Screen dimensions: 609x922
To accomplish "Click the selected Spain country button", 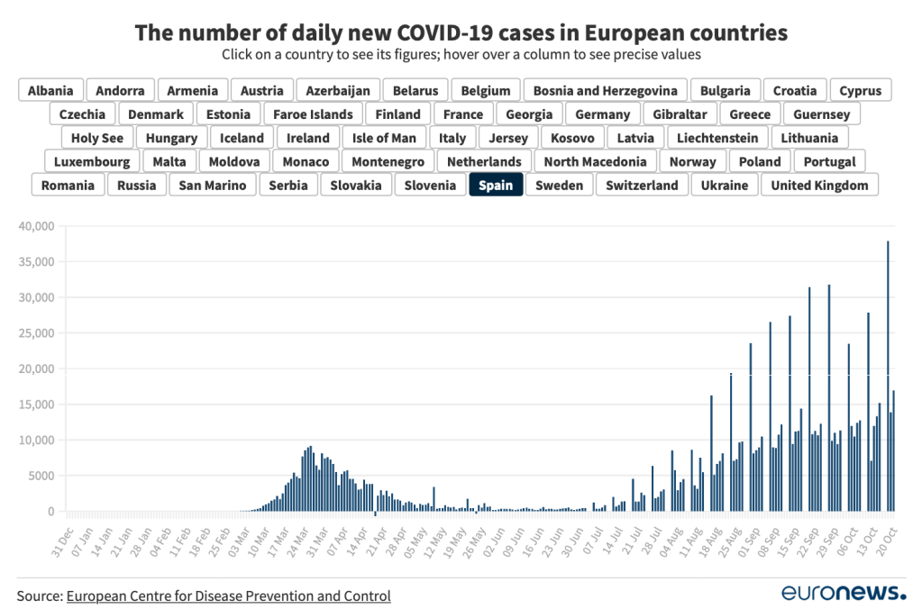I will [x=496, y=186].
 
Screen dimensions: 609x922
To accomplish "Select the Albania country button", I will [x=50, y=90].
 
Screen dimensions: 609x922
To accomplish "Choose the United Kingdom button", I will [x=819, y=186].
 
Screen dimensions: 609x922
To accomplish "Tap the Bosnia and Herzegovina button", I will [x=605, y=90].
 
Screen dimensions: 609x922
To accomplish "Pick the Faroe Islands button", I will [x=313, y=114].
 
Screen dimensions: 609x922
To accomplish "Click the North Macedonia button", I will [x=595, y=162].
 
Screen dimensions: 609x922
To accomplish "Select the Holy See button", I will [x=97, y=138].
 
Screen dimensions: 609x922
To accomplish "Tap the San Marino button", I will [x=214, y=186].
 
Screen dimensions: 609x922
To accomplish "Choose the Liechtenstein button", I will [x=718, y=138].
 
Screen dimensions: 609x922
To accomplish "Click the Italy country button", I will [x=452, y=138].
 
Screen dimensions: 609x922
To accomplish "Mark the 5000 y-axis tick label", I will [x=40, y=476].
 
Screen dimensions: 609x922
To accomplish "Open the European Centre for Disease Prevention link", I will [x=228, y=595].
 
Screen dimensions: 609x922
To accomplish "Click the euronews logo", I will [x=843, y=593].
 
